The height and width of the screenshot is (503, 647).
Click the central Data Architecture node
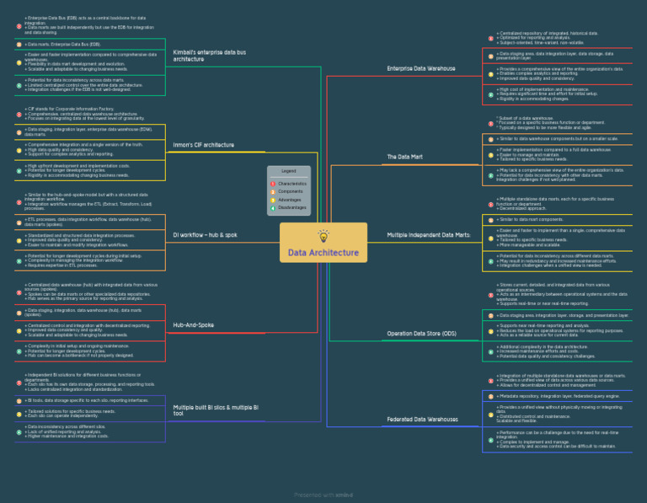tap(323, 252)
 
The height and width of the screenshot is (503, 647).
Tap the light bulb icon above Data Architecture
tap(323, 236)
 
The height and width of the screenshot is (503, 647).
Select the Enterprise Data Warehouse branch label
tap(421, 68)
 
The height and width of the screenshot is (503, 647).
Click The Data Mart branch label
tap(404, 158)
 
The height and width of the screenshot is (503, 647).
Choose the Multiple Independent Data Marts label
tap(428, 235)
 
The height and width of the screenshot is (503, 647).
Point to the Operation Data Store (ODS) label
tap(421, 334)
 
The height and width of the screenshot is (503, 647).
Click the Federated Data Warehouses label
tap(423, 419)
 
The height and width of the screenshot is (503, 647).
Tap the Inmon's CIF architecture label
tap(204, 145)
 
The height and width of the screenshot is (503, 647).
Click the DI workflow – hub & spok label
tap(205, 235)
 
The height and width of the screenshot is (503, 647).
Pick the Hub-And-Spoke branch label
tap(193, 324)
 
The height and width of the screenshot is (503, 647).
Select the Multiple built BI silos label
tap(216, 410)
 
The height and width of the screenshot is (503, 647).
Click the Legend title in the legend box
tap(289, 171)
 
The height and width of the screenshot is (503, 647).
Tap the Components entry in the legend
tap(291, 191)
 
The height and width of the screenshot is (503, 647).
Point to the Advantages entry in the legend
tap(291, 199)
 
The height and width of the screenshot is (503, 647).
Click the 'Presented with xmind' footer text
tap(323, 495)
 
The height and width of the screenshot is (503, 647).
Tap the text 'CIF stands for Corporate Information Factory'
tap(72, 109)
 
